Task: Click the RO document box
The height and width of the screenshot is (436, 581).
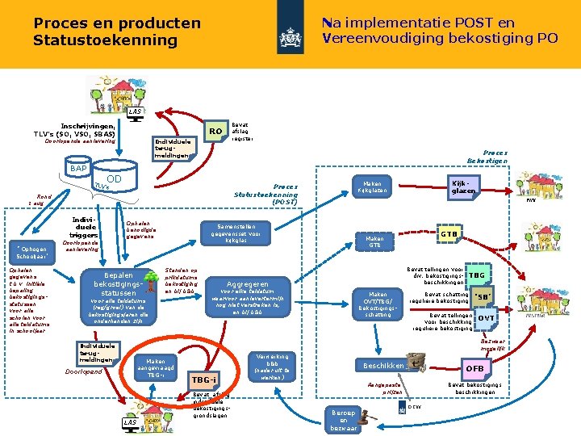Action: point(214,131)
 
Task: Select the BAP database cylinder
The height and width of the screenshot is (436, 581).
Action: point(78,169)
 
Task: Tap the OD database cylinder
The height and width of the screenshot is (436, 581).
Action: point(114,179)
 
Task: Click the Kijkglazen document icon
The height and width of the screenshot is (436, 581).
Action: point(463,187)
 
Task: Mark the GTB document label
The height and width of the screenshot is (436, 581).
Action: point(449,233)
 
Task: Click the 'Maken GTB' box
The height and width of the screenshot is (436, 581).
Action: point(374,241)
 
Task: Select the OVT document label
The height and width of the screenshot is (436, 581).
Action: point(486,318)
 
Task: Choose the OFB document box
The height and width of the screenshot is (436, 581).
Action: point(474,369)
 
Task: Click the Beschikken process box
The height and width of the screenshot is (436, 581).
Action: point(388,366)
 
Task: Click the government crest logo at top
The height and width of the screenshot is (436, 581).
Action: point(290,36)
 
